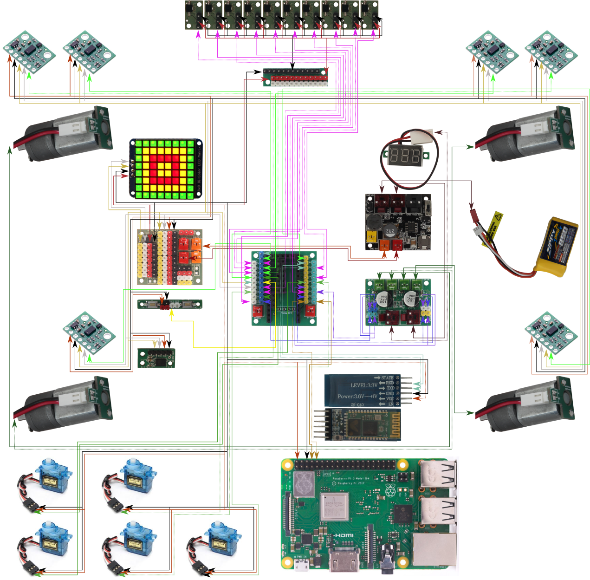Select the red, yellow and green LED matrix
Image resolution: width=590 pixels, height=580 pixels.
165,169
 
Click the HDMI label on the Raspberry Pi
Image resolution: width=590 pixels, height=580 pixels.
344,535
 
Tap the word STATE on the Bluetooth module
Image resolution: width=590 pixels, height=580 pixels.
387,378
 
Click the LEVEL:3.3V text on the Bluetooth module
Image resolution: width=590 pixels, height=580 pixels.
363,385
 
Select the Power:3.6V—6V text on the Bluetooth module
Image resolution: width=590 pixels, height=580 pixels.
357,397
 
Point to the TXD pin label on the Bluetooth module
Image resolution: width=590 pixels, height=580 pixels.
390,388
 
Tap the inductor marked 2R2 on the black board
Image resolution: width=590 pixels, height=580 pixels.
390,231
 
